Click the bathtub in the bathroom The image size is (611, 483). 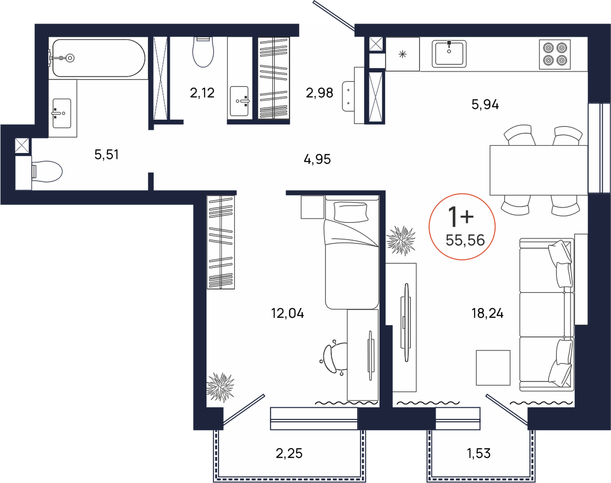[x=97, y=58]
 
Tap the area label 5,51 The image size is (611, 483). [x=106, y=155]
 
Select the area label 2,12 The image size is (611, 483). [x=202, y=93]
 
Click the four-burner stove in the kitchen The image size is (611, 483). [x=555, y=54]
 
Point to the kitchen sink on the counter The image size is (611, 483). [x=449, y=54]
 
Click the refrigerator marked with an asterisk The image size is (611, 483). [x=402, y=54]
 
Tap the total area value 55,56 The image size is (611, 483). [x=465, y=240]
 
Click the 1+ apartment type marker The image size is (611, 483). [x=461, y=217]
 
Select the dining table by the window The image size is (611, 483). [x=539, y=170]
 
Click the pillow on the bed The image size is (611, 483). [x=351, y=212]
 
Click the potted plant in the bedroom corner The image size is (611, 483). [x=220, y=387]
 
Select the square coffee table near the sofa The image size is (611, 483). [x=493, y=368]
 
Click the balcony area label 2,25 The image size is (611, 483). [x=289, y=453]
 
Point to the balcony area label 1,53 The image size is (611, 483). [x=479, y=453]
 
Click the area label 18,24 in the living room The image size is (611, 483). [x=488, y=314]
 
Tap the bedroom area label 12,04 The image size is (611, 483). [x=288, y=314]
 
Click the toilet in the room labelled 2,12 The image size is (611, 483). [x=203, y=52]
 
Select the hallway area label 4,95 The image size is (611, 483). [x=317, y=159]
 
